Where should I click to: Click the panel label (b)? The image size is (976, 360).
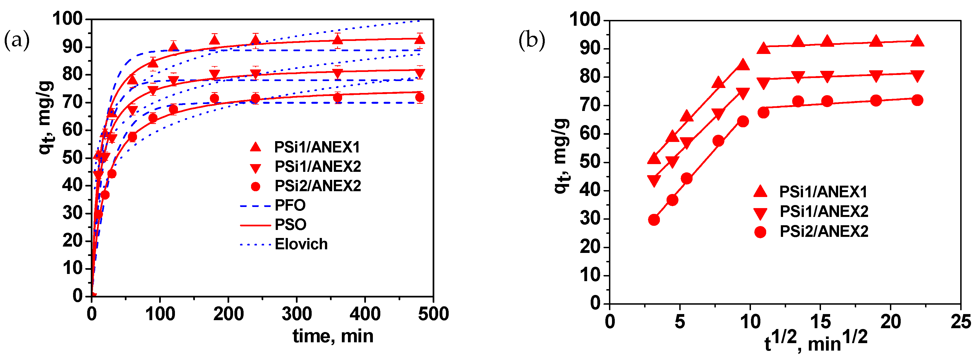point(531,40)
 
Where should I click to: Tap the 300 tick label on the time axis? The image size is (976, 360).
point(297,314)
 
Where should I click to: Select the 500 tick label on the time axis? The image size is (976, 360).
point(433,314)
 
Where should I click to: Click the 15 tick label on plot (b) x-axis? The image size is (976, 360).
point(820,322)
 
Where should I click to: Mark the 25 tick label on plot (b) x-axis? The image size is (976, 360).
point(961,322)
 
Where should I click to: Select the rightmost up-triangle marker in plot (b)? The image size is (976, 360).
point(917,41)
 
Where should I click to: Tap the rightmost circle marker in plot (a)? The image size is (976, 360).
point(419,97)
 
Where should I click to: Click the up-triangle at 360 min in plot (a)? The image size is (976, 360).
point(338,39)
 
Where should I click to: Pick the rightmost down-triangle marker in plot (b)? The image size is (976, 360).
point(917,76)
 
